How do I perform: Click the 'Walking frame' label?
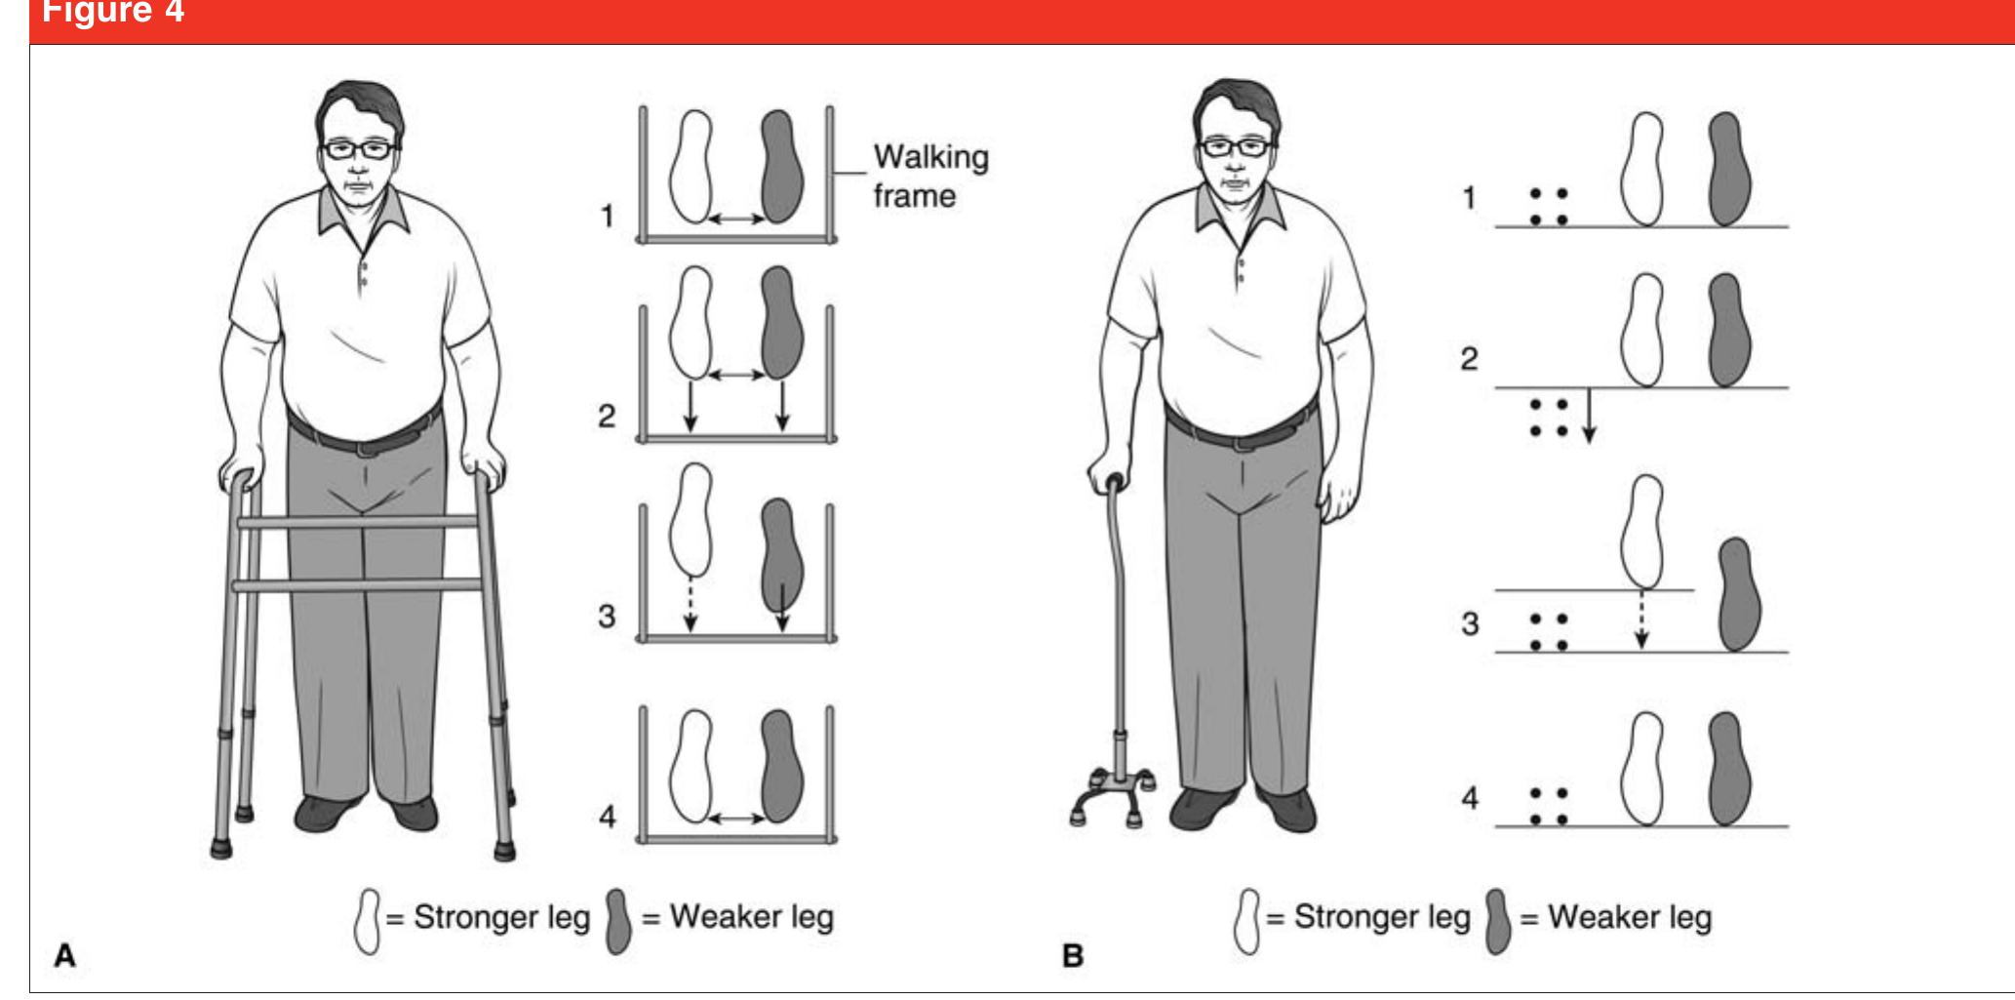(929, 176)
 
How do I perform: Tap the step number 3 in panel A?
(607, 616)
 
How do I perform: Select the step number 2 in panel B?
(1469, 359)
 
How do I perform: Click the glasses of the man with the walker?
(359, 149)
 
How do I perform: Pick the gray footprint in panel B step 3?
(1733, 594)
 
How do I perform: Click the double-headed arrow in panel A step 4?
(736, 819)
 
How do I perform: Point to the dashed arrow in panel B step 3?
(1641, 620)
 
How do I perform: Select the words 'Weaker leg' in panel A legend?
(751, 918)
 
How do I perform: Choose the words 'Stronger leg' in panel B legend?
(1381, 918)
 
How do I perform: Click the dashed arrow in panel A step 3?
(691, 605)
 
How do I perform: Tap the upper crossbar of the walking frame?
(358, 522)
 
